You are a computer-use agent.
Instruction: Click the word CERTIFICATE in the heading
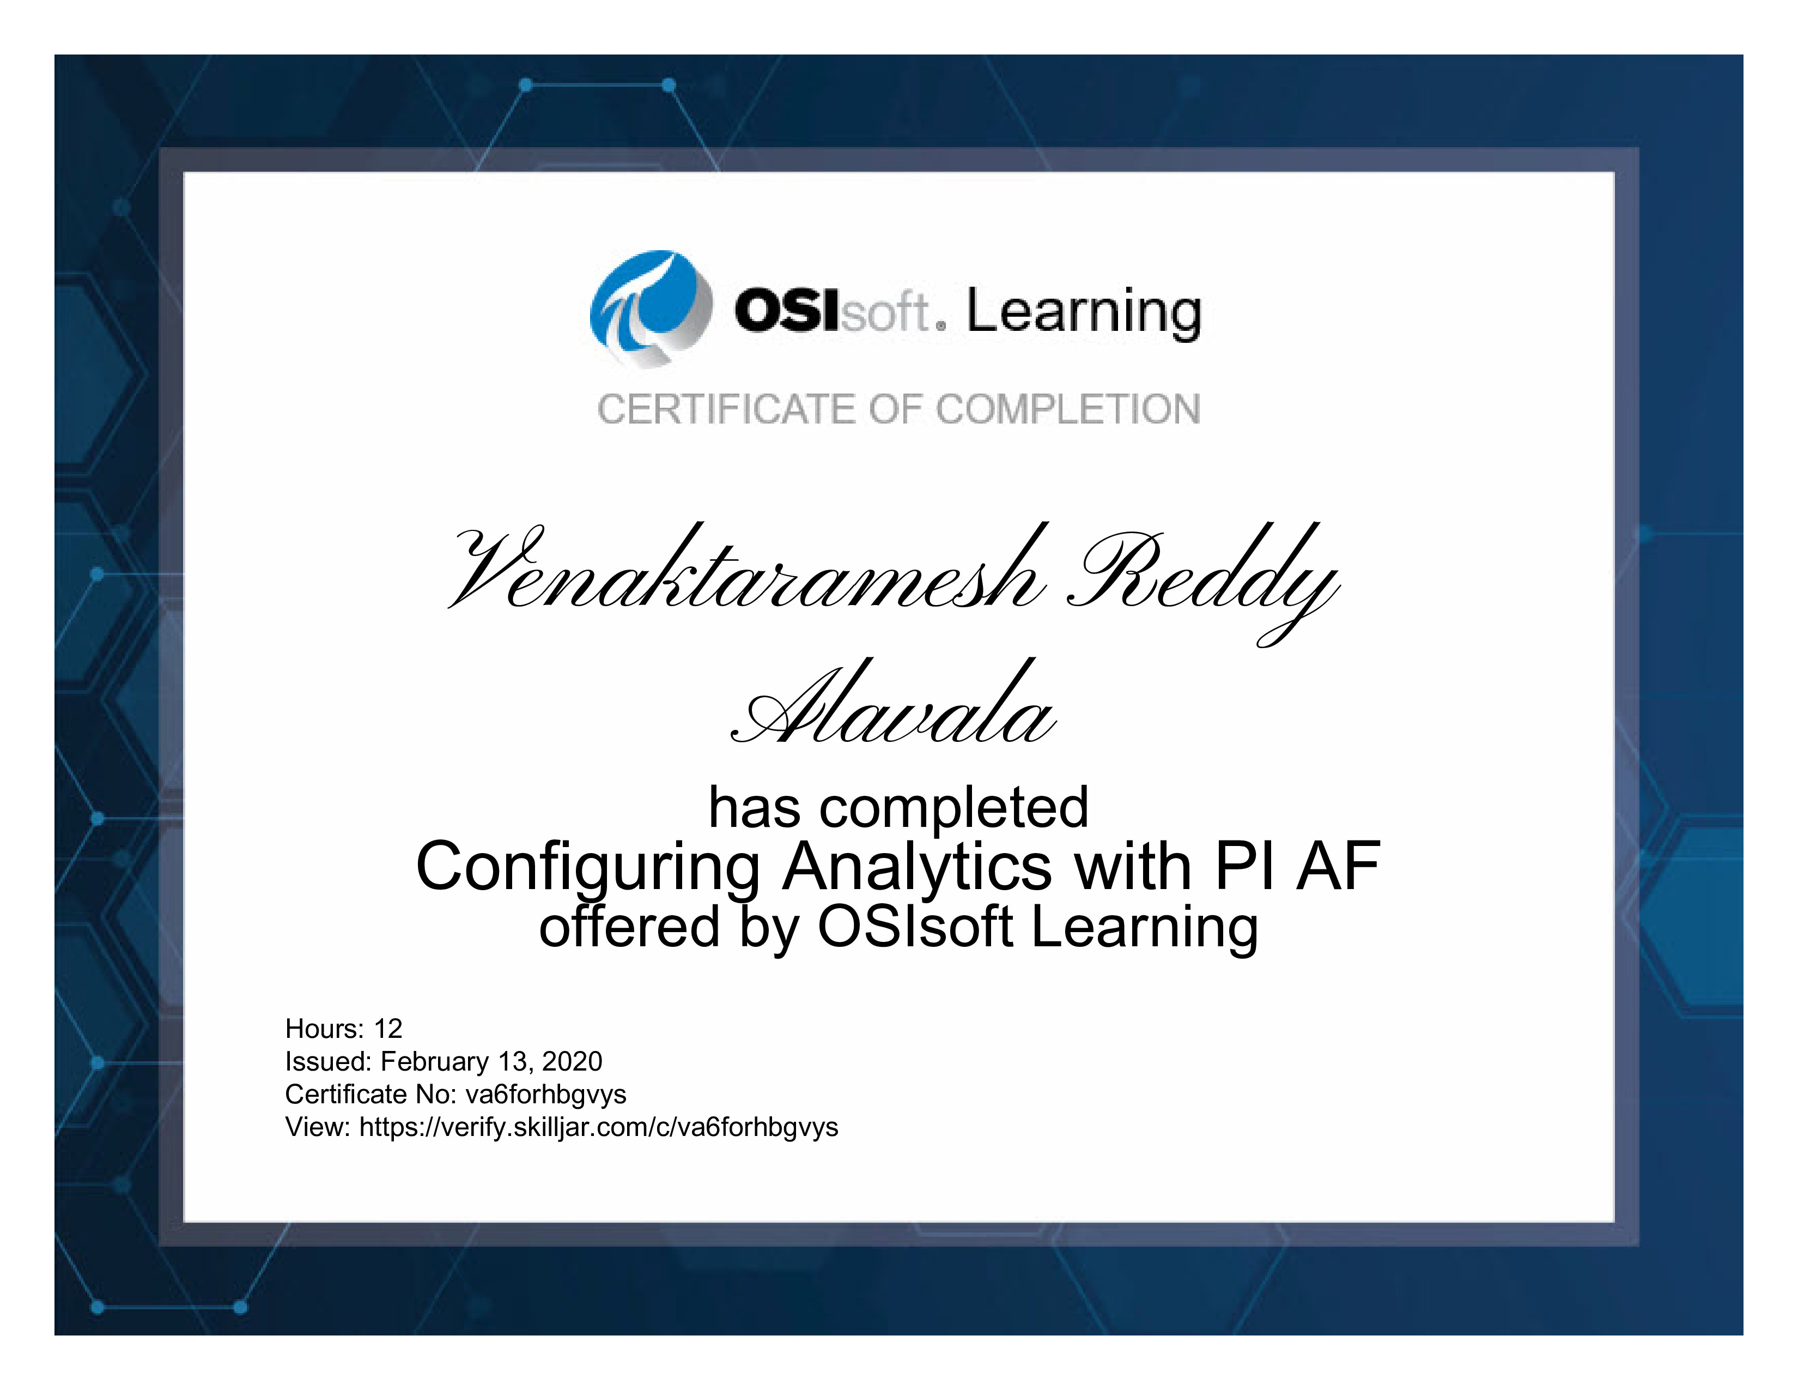click(x=727, y=410)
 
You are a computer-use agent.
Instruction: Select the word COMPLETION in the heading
click(x=1068, y=410)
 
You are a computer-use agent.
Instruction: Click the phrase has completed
click(x=898, y=808)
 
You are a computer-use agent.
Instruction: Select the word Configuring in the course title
click(x=588, y=869)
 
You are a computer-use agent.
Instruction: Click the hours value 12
click(x=388, y=1029)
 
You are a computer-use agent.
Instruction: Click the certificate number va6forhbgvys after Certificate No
click(x=546, y=1095)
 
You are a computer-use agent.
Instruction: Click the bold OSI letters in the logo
click(x=787, y=311)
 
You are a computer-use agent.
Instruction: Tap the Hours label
click(x=324, y=1029)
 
